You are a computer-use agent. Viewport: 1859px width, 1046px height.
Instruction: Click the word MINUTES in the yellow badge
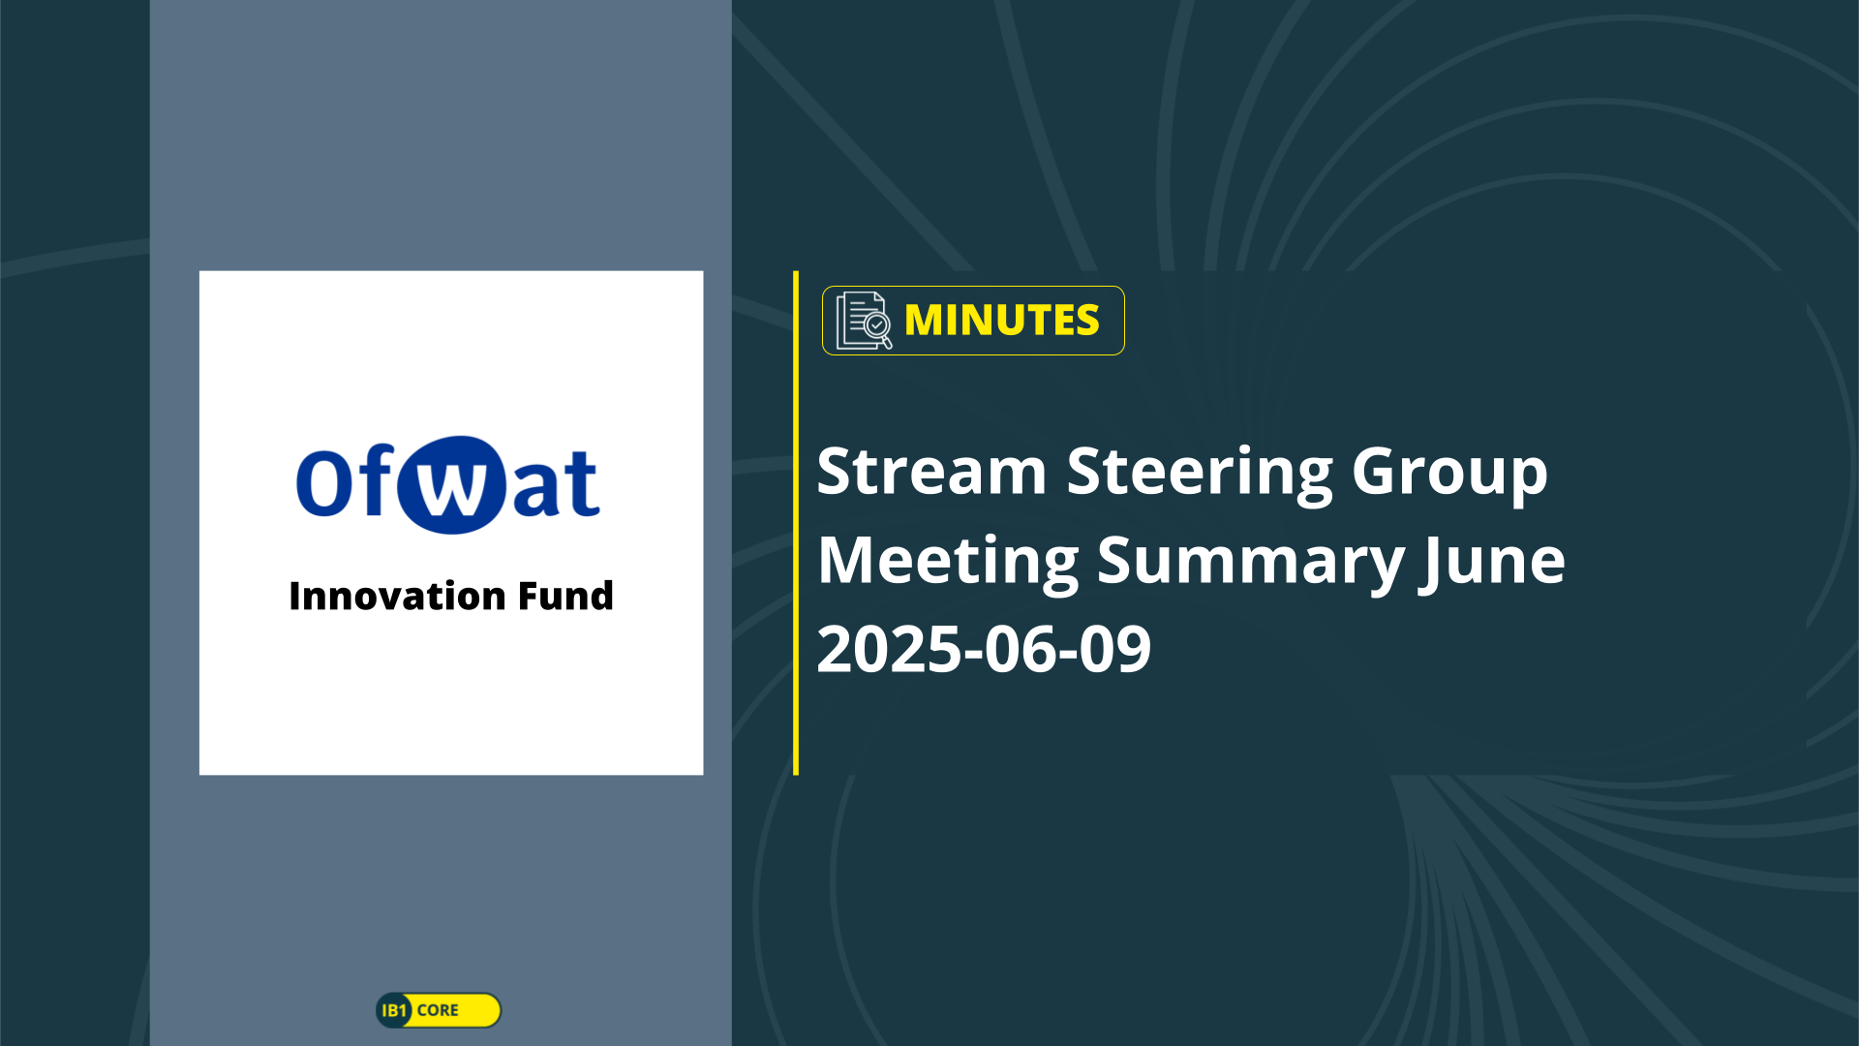pyautogui.click(x=1001, y=321)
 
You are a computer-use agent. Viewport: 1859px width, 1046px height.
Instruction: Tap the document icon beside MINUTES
pyautogui.click(x=864, y=321)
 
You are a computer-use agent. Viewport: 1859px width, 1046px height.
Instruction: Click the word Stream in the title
pyautogui.click(x=931, y=472)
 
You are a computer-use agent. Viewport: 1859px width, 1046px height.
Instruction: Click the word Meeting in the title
pyautogui.click(x=948, y=562)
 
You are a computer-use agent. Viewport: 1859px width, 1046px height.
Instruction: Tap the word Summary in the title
pyautogui.click(x=1250, y=563)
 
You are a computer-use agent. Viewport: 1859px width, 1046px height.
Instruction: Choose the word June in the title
pyautogui.click(x=1492, y=563)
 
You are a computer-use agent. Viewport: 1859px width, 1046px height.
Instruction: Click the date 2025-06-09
pyautogui.click(x=984, y=649)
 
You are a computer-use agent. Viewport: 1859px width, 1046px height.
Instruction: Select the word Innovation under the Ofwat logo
pyautogui.click(x=398, y=596)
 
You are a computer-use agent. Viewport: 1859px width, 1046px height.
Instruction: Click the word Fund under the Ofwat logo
pyautogui.click(x=565, y=596)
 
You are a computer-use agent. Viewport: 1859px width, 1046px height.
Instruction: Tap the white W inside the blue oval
pyautogui.click(x=452, y=486)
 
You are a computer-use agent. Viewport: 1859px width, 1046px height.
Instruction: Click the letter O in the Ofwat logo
pyautogui.click(x=322, y=481)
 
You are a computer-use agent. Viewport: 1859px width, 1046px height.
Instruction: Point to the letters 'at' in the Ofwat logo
pyautogui.click(x=555, y=482)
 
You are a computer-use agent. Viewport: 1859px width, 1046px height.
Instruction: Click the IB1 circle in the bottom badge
pyautogui.click(x=394, y=1010)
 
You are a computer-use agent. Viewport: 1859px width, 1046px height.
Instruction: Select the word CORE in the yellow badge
pyautogui.click(x=438, y=1010)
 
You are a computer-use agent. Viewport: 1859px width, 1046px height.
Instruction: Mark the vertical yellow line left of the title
pyautogui.click(x=796, y=523)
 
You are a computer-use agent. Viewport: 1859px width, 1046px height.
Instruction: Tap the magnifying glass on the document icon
pyautogui.click(x=879, y=329)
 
